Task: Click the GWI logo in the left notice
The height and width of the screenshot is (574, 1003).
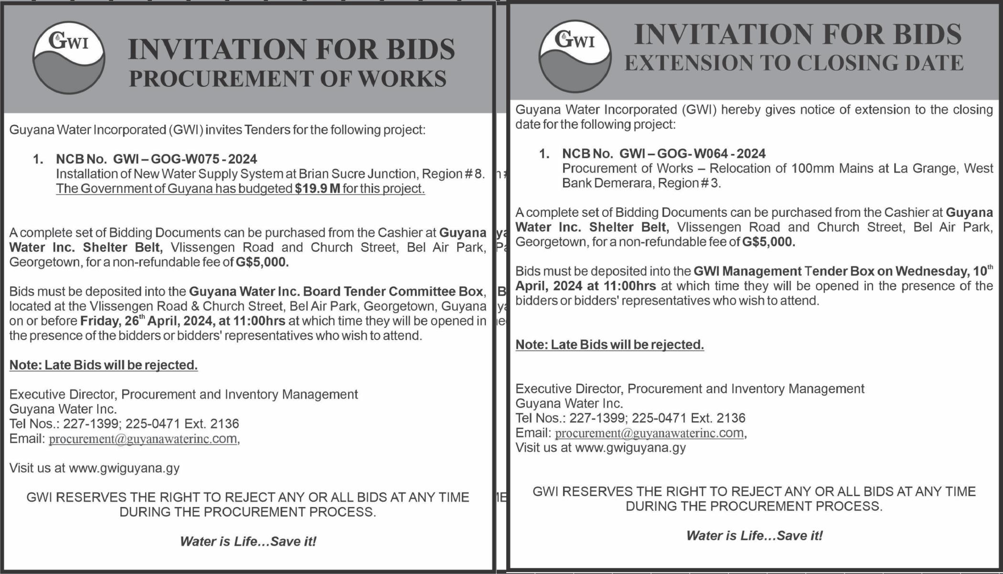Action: (69, 57)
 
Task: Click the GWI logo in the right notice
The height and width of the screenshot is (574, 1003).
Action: (575, 56)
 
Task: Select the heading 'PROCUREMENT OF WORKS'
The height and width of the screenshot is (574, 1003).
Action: (288, 79)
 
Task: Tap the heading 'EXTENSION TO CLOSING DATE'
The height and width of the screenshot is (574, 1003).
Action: (794, 63)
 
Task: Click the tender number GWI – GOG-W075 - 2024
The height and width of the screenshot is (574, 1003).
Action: (185, 159)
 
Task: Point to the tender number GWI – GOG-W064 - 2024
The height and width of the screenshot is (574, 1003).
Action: (692, 154)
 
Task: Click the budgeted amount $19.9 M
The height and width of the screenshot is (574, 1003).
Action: (318, 189)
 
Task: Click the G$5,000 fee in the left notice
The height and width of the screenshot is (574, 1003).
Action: (262, 262)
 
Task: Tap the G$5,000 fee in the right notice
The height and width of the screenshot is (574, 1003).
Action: (768, 242)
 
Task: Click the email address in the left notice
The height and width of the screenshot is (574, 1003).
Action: (143, 439)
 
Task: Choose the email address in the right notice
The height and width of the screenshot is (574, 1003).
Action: (649, 433)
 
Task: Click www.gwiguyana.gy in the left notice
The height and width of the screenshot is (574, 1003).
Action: (124, 468)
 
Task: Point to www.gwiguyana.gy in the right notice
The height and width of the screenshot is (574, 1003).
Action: (630, 448)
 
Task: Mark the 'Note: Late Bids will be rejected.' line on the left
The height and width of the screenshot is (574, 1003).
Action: (103, 365)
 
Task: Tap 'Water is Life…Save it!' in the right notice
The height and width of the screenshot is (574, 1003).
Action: (754, 536)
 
